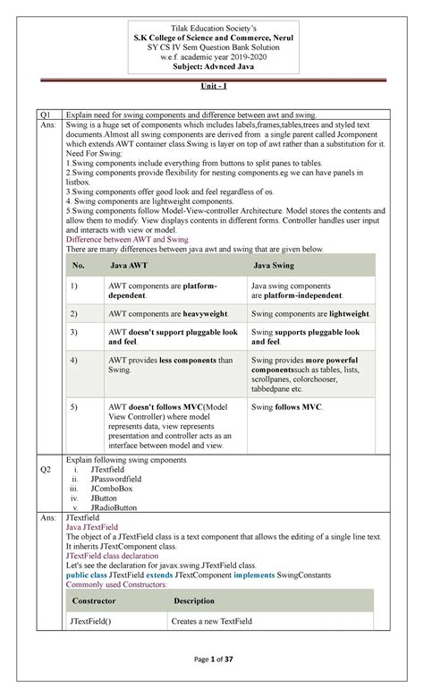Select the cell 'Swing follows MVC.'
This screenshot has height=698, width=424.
[x=287, y=407]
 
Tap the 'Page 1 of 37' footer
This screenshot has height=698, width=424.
[x=212, y=672]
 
